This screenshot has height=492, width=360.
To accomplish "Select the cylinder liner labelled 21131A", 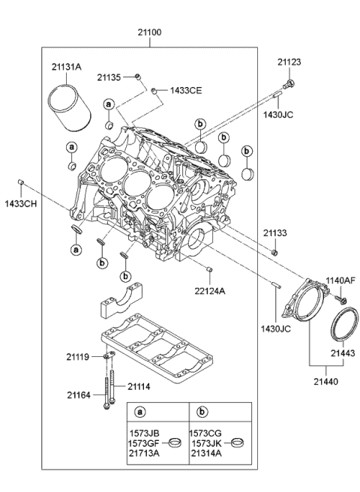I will pos(70,110).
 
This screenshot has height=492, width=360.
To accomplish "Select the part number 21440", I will pos(327,381).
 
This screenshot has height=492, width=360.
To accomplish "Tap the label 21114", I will pos(139,387).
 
